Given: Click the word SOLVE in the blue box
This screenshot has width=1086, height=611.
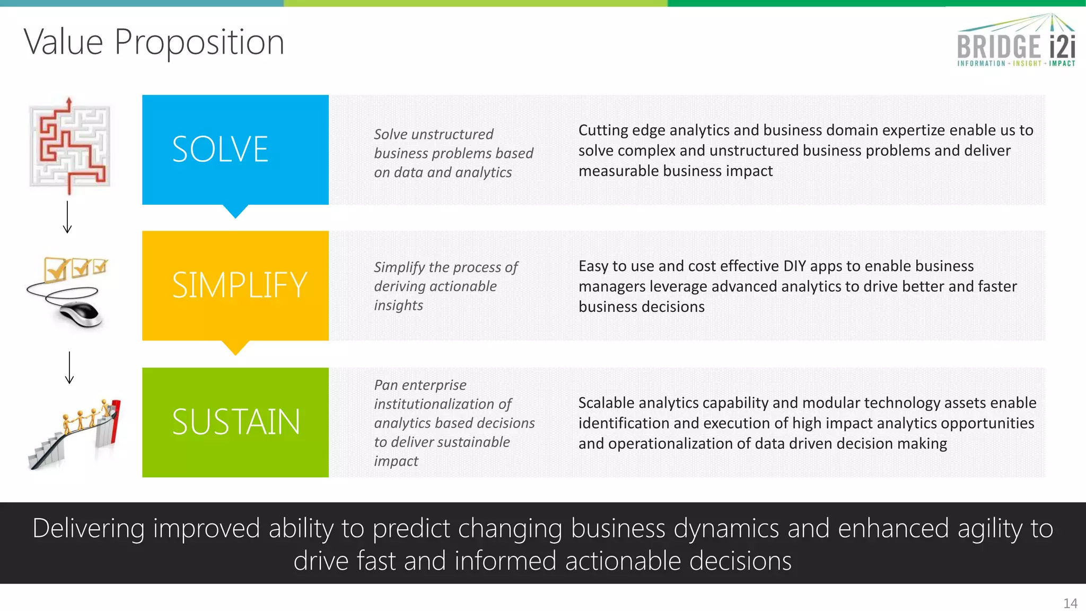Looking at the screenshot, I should point(220,150).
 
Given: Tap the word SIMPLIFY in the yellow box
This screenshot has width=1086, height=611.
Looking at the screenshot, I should point(239,285).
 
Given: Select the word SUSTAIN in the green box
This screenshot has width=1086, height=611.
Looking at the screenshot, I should point(236,422).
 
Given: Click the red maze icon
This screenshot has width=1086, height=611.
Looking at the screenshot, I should point(69,146).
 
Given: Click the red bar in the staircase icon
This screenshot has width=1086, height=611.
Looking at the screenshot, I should point(116,422).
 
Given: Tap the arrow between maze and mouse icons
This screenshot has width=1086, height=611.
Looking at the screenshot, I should point(67,217).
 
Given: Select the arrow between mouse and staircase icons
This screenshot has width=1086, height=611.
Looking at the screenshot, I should point(69,367).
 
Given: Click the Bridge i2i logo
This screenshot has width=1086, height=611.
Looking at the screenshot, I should point(1016,42).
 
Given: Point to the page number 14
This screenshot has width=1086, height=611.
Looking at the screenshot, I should point(1070,604).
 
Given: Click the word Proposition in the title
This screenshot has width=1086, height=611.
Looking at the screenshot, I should point(199,42).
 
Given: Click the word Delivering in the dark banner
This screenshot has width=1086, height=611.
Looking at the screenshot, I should point(89,529).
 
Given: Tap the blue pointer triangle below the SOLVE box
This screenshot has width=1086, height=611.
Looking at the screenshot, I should point(235,211).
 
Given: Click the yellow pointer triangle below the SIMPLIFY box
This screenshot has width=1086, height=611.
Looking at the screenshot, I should point(235,347).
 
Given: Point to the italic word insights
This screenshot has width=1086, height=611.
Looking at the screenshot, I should point(398,305).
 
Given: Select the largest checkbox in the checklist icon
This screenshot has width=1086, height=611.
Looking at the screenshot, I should point(56,269).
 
